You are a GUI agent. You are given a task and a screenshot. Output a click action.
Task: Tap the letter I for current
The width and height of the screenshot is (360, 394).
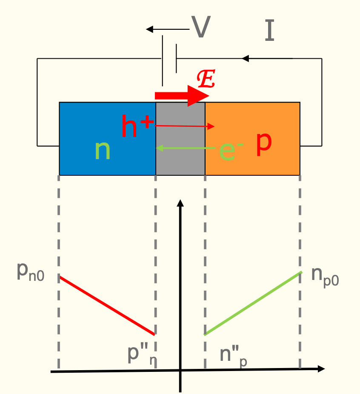(x=269, y=31)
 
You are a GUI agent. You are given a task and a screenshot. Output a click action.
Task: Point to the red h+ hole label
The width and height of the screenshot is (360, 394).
(x=136, y=126)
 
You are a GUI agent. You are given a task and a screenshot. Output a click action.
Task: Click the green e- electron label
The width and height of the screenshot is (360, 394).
(x=229, y=150)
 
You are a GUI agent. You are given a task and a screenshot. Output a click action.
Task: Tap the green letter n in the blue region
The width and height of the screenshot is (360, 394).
(x=103, y=150)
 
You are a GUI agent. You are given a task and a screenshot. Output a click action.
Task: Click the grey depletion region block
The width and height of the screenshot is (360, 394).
(x=180, y=162)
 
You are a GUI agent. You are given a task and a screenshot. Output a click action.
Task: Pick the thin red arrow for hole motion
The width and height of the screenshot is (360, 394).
(x=185, y=126)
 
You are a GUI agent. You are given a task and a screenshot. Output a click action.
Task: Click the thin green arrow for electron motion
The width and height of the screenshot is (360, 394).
(x=185, y=148)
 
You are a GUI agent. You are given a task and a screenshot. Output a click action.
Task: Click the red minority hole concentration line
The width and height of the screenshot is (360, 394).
(x=107, y=305)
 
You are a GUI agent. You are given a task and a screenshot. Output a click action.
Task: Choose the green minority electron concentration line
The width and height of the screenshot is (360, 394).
(x=253, y=303)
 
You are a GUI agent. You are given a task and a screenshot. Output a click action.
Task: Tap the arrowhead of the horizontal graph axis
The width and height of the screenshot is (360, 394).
(x=321, y=368)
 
